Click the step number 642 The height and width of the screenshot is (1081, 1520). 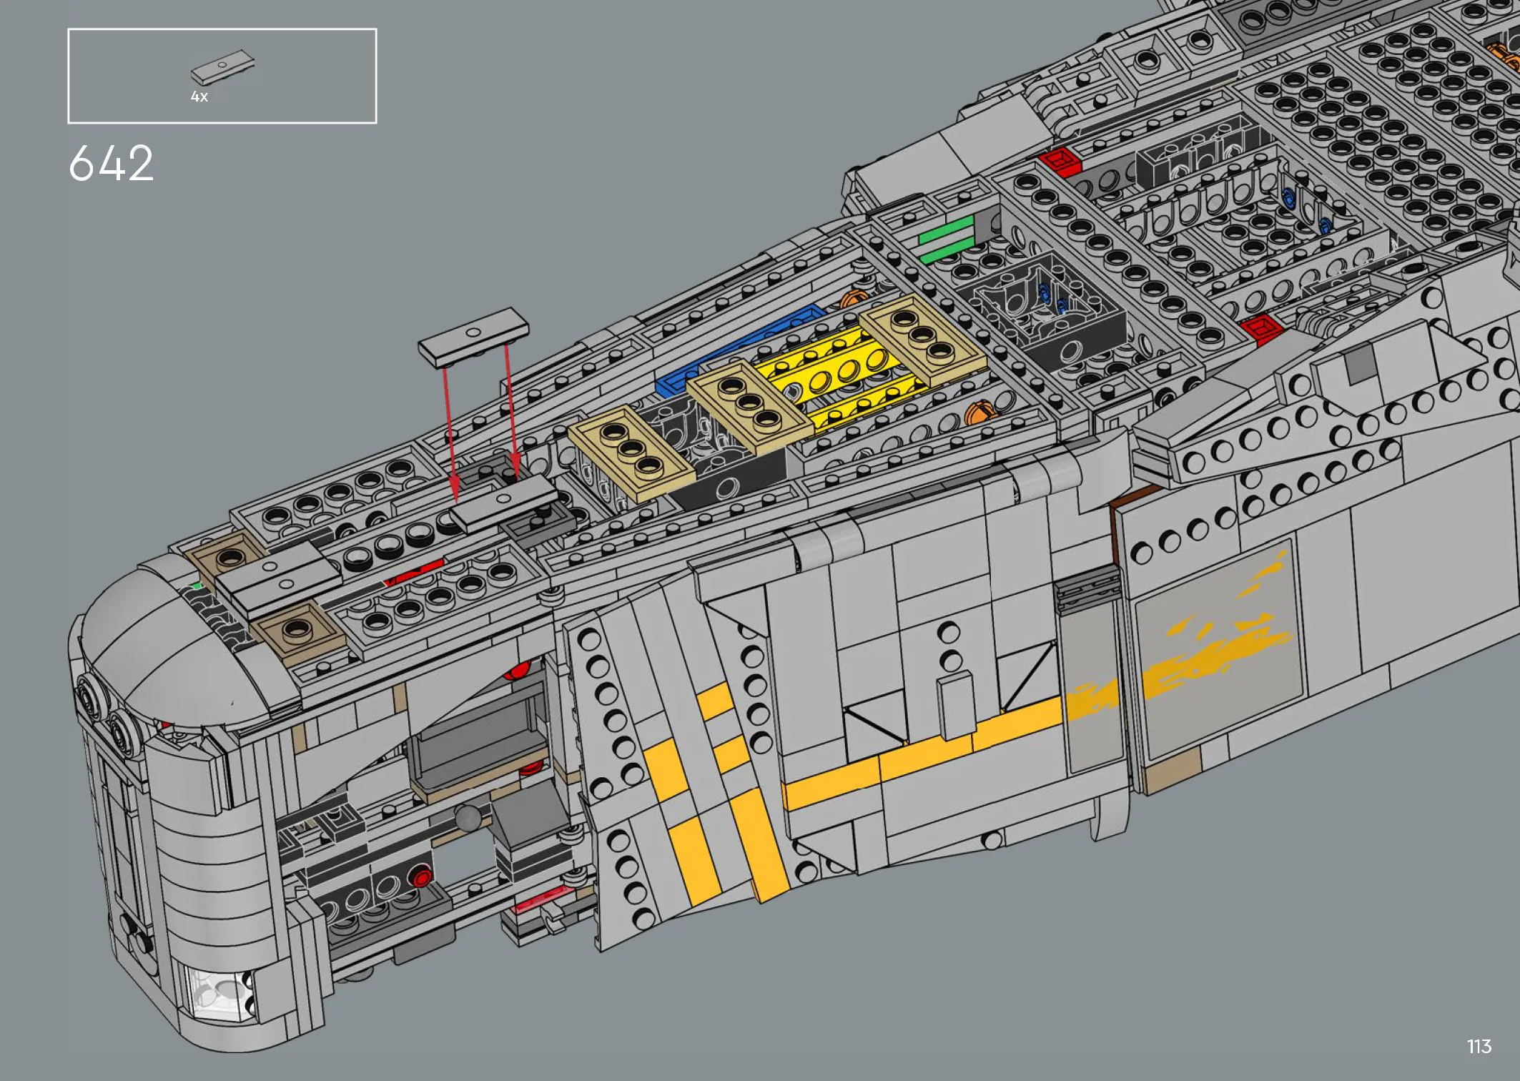[111, 163]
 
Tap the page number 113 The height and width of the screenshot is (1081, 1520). [1479, 1047]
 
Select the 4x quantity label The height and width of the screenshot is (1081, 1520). [199, 97]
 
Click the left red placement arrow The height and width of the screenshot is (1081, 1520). [450, 433]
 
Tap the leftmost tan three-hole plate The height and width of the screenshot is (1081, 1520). [631, 452]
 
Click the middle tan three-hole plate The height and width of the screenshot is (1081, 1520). [749, 404]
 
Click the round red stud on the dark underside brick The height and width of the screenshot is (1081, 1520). [422, 877]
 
